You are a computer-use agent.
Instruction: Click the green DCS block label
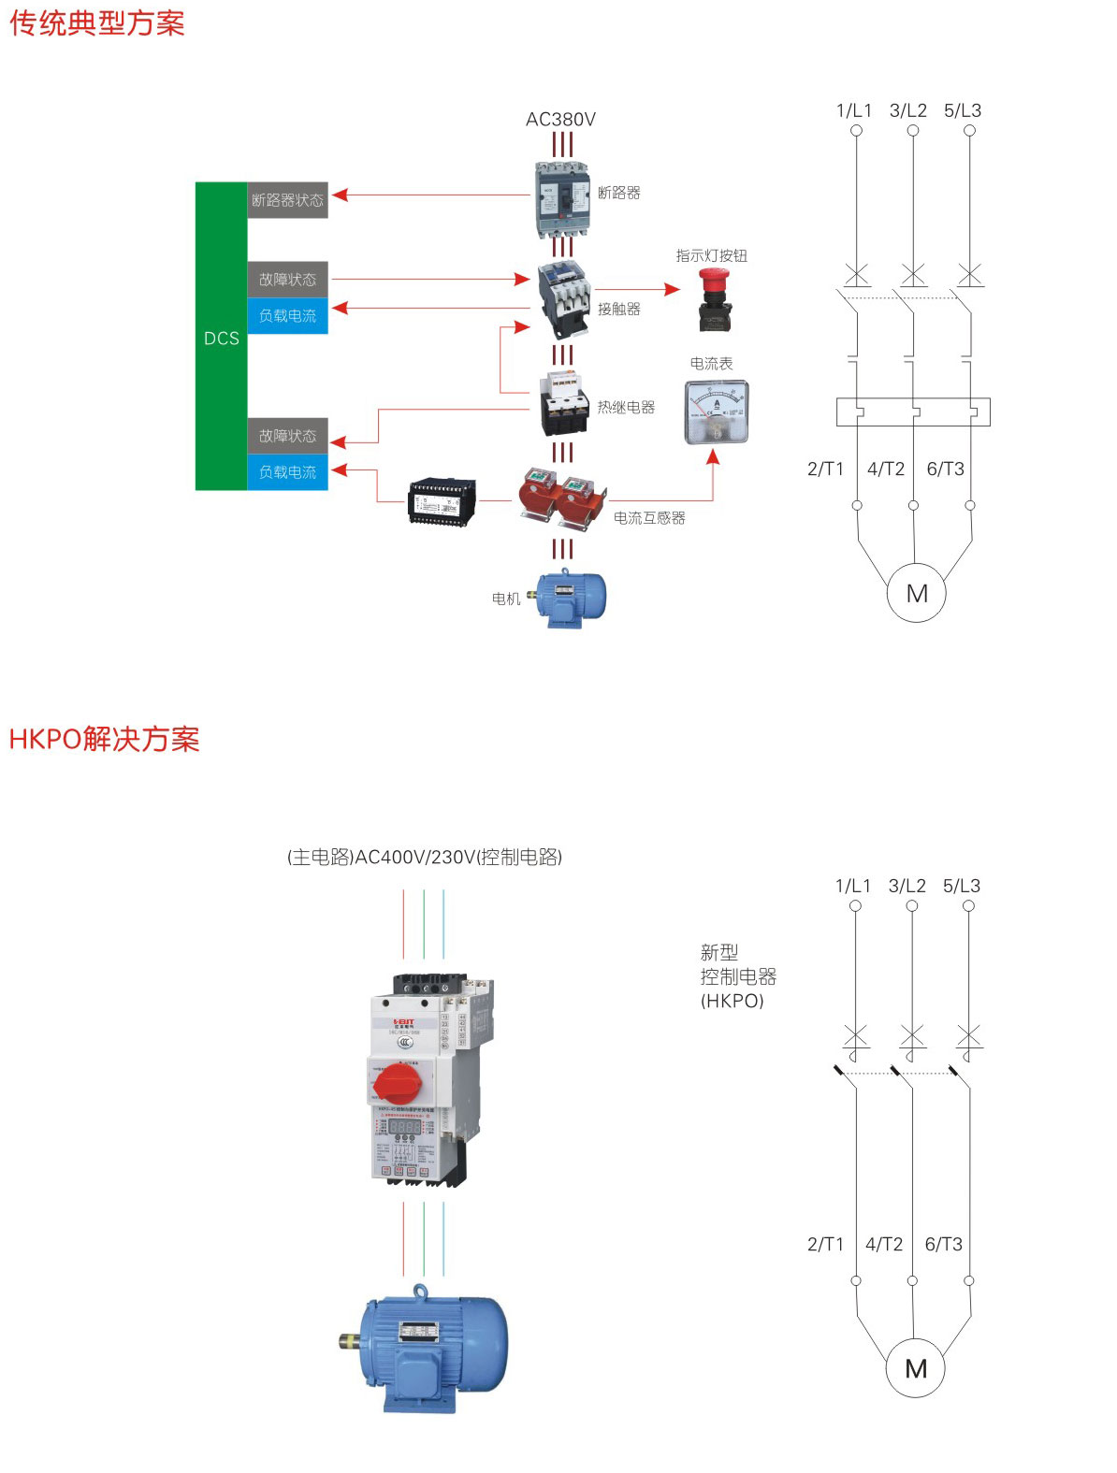coord(222,338)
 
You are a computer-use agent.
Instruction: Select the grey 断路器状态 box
coord(287,200)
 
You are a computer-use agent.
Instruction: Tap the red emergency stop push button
coord(715,297)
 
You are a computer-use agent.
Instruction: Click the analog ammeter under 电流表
coord(717,412)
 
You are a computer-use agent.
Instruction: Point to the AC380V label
coord(560,120)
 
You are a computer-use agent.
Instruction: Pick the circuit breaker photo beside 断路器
coord(562,198)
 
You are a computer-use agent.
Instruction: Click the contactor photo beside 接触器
coord(563,298)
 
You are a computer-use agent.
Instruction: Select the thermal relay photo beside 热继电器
coord(564,403)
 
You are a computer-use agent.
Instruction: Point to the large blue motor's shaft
coord(351,1342)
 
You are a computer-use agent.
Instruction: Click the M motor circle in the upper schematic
coord(916,593)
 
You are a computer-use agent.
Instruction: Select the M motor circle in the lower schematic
coord(916,1368)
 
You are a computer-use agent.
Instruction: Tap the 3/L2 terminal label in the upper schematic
coord(907,110)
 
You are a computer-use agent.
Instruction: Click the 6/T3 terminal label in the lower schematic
coord(943,1244)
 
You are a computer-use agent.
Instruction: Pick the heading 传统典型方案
coord(97,22)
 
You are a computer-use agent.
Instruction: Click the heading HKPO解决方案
coord(104,739)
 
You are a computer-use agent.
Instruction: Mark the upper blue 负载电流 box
coord(287,316)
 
